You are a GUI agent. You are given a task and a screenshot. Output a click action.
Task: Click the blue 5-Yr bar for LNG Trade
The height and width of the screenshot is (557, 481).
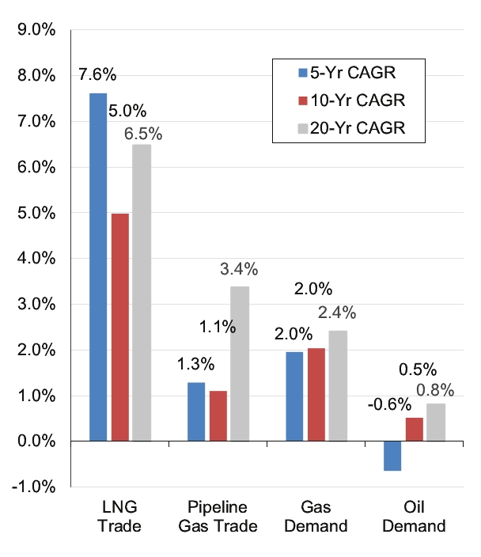98,267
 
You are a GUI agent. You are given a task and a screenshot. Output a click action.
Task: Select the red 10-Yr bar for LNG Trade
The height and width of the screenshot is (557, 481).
120,327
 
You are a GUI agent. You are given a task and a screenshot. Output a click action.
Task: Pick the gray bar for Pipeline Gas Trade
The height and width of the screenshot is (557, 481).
240,363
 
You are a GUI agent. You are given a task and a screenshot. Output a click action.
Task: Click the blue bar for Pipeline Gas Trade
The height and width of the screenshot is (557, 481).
196,411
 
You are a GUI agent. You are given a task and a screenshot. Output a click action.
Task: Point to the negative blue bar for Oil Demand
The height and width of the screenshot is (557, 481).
392,456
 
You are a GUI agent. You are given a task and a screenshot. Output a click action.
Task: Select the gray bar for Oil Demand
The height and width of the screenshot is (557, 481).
436,422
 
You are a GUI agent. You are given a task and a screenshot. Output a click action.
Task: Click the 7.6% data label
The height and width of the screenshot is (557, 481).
97,75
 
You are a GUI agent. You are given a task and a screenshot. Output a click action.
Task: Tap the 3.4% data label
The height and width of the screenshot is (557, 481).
240,269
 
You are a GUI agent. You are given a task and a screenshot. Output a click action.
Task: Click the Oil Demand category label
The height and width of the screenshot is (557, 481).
415,517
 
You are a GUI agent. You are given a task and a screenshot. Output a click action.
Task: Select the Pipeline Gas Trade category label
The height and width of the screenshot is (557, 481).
218,517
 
